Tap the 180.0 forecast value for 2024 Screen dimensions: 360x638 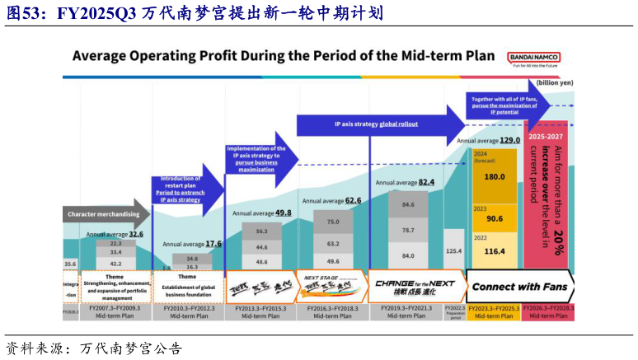pos(495,177)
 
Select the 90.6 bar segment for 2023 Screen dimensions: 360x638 pos(495,218)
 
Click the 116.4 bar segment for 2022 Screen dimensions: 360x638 pos(495,250)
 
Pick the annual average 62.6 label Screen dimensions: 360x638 pos(331,200)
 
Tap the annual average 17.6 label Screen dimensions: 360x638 pos(192,244)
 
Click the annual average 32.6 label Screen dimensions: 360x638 pos(115,234)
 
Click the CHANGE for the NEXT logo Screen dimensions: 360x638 pos(415,286)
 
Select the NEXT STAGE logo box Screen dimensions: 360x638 pos(331,286)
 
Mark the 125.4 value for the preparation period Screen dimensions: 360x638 pos(453,250)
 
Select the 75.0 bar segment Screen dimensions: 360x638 pos(334,222)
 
